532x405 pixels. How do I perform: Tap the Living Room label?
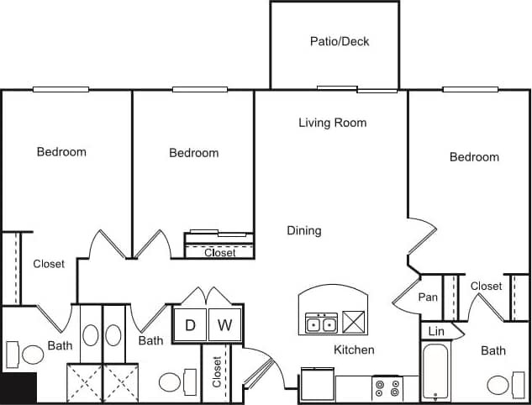(333, 123)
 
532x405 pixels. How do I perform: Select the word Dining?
(303, 230)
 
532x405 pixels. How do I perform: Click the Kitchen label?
(354, 350)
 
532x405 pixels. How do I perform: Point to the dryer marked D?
(190, 325)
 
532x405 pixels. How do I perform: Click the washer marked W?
(224, 325)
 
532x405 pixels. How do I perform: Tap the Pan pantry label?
(428, 297)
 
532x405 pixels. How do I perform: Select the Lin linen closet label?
(435, 332)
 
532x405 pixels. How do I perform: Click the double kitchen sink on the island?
(321, 323)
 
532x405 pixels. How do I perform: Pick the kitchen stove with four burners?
(387, 388)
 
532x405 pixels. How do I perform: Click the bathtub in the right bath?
(434, 371)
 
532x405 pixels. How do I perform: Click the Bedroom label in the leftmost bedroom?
(61, 152)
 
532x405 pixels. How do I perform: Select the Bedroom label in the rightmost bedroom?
(474, 157)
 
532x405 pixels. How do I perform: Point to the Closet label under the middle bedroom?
(220, 252)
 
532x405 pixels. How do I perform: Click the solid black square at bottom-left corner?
(18, 387)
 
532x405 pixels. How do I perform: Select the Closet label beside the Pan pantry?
(486, 286)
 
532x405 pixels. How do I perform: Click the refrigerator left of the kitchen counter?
(317, 385)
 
